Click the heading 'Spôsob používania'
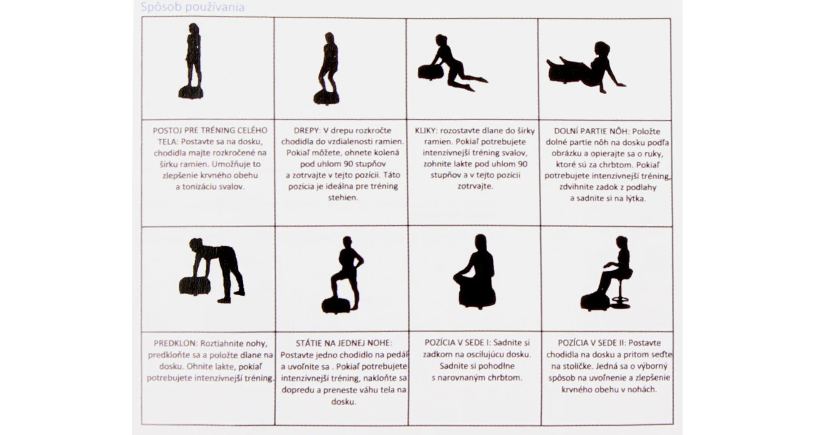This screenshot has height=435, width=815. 192,7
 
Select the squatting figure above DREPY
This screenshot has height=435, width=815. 327,68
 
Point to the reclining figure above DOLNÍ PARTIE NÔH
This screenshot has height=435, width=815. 586,67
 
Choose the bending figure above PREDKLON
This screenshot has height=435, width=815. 212,270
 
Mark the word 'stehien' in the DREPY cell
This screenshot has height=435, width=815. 343,197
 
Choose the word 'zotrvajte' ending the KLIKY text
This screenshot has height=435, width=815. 475,186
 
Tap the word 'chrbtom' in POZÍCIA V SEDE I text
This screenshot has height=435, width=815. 506,378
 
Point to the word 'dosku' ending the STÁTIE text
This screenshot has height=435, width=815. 343,401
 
